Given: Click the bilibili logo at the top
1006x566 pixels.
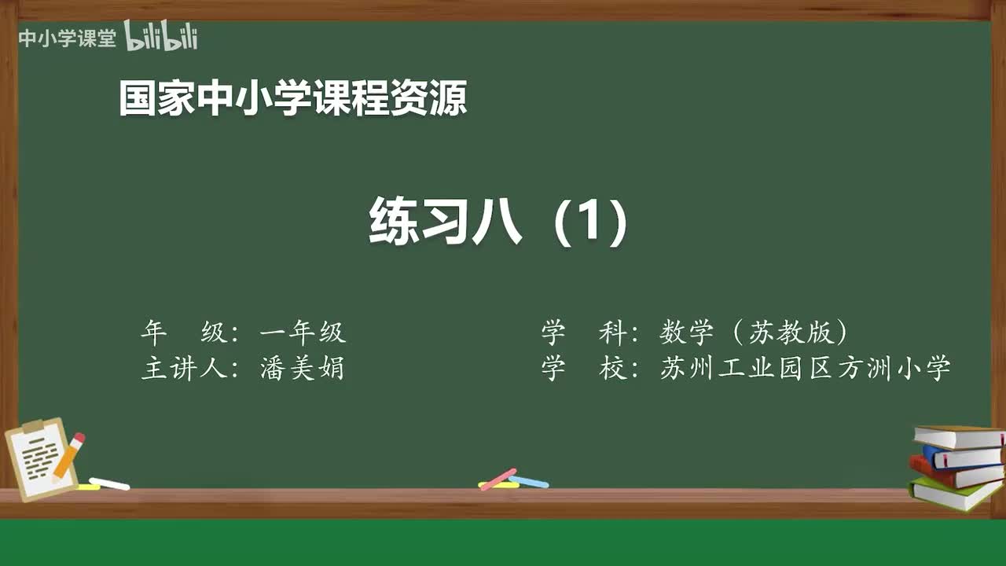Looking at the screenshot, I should pyautogui.click(x=161, y=37).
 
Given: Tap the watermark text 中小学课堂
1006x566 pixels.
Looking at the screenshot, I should pyautogui.click(x=68, y=39).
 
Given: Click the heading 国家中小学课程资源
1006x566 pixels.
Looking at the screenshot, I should pyautogui.click(x=292, y=98).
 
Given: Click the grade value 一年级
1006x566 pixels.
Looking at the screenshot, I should pyautogui.click(x=303, y=333).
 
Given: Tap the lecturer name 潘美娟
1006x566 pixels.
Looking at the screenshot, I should pyautogui.click(x=303, y=368).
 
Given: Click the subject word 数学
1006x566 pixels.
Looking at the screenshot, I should pyautogui.click(x=686, y=333).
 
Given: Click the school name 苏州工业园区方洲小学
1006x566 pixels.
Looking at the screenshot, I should pyautogui.click(x=806, y=368).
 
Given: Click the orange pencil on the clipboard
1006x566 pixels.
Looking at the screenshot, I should pyautogui.click(x=69, y=455).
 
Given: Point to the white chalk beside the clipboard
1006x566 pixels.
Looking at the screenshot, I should pyautogui.click(x=110, y=484).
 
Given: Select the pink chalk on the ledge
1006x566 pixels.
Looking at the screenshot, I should pyautogui.click(x=498, y=478).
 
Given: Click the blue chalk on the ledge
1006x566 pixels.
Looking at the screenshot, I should pyautogui.click(x=529, y=481).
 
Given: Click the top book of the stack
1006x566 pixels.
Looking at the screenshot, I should pyautogui.click(x=959, y=437).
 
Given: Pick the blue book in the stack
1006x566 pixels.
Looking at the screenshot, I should pyautogui.click(x=963, y=457).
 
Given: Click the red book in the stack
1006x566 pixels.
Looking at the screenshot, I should pyautogui.click(x=955, y=473).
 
